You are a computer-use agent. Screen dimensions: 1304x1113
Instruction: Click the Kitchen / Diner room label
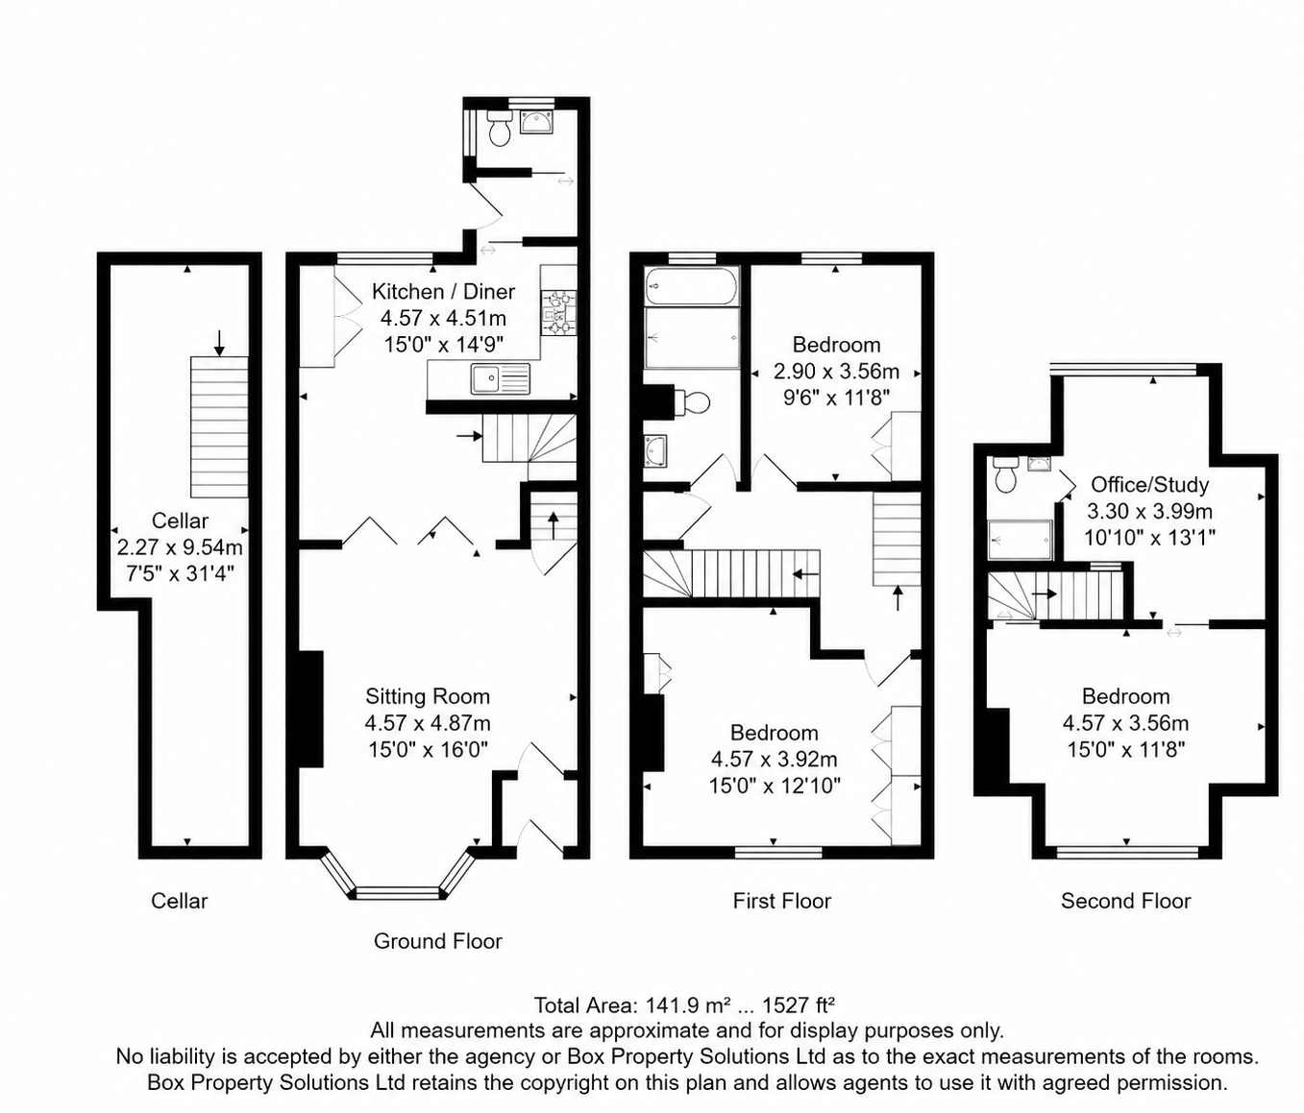[443, 291]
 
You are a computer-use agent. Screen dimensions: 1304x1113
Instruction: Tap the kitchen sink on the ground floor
[500, 379]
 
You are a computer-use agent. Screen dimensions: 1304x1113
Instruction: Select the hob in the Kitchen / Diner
[559, 313]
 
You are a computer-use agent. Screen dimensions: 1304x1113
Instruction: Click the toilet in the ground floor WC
[500, 129]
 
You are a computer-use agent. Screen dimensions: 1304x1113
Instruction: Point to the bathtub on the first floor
[692, 287]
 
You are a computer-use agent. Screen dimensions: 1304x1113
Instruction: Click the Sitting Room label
[427, 696]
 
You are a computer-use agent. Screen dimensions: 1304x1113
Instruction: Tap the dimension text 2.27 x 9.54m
[180, 546]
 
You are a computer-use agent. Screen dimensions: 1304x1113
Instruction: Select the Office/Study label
[1149, 484]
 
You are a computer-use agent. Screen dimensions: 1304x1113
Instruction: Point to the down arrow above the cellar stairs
[219, 343]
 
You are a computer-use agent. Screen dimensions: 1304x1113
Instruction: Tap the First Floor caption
[781, 901]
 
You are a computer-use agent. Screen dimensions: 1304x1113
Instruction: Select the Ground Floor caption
[438, 941]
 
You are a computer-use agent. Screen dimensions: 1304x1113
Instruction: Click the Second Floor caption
[1125, 901]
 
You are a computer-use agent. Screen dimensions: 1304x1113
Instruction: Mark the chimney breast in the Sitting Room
[310, 709]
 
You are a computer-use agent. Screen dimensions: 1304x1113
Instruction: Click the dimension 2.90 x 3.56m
[837, 371]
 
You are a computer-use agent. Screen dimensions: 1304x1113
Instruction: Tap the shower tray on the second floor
[1021, 540]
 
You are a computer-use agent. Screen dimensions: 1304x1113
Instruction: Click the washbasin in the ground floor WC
[536, 122]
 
